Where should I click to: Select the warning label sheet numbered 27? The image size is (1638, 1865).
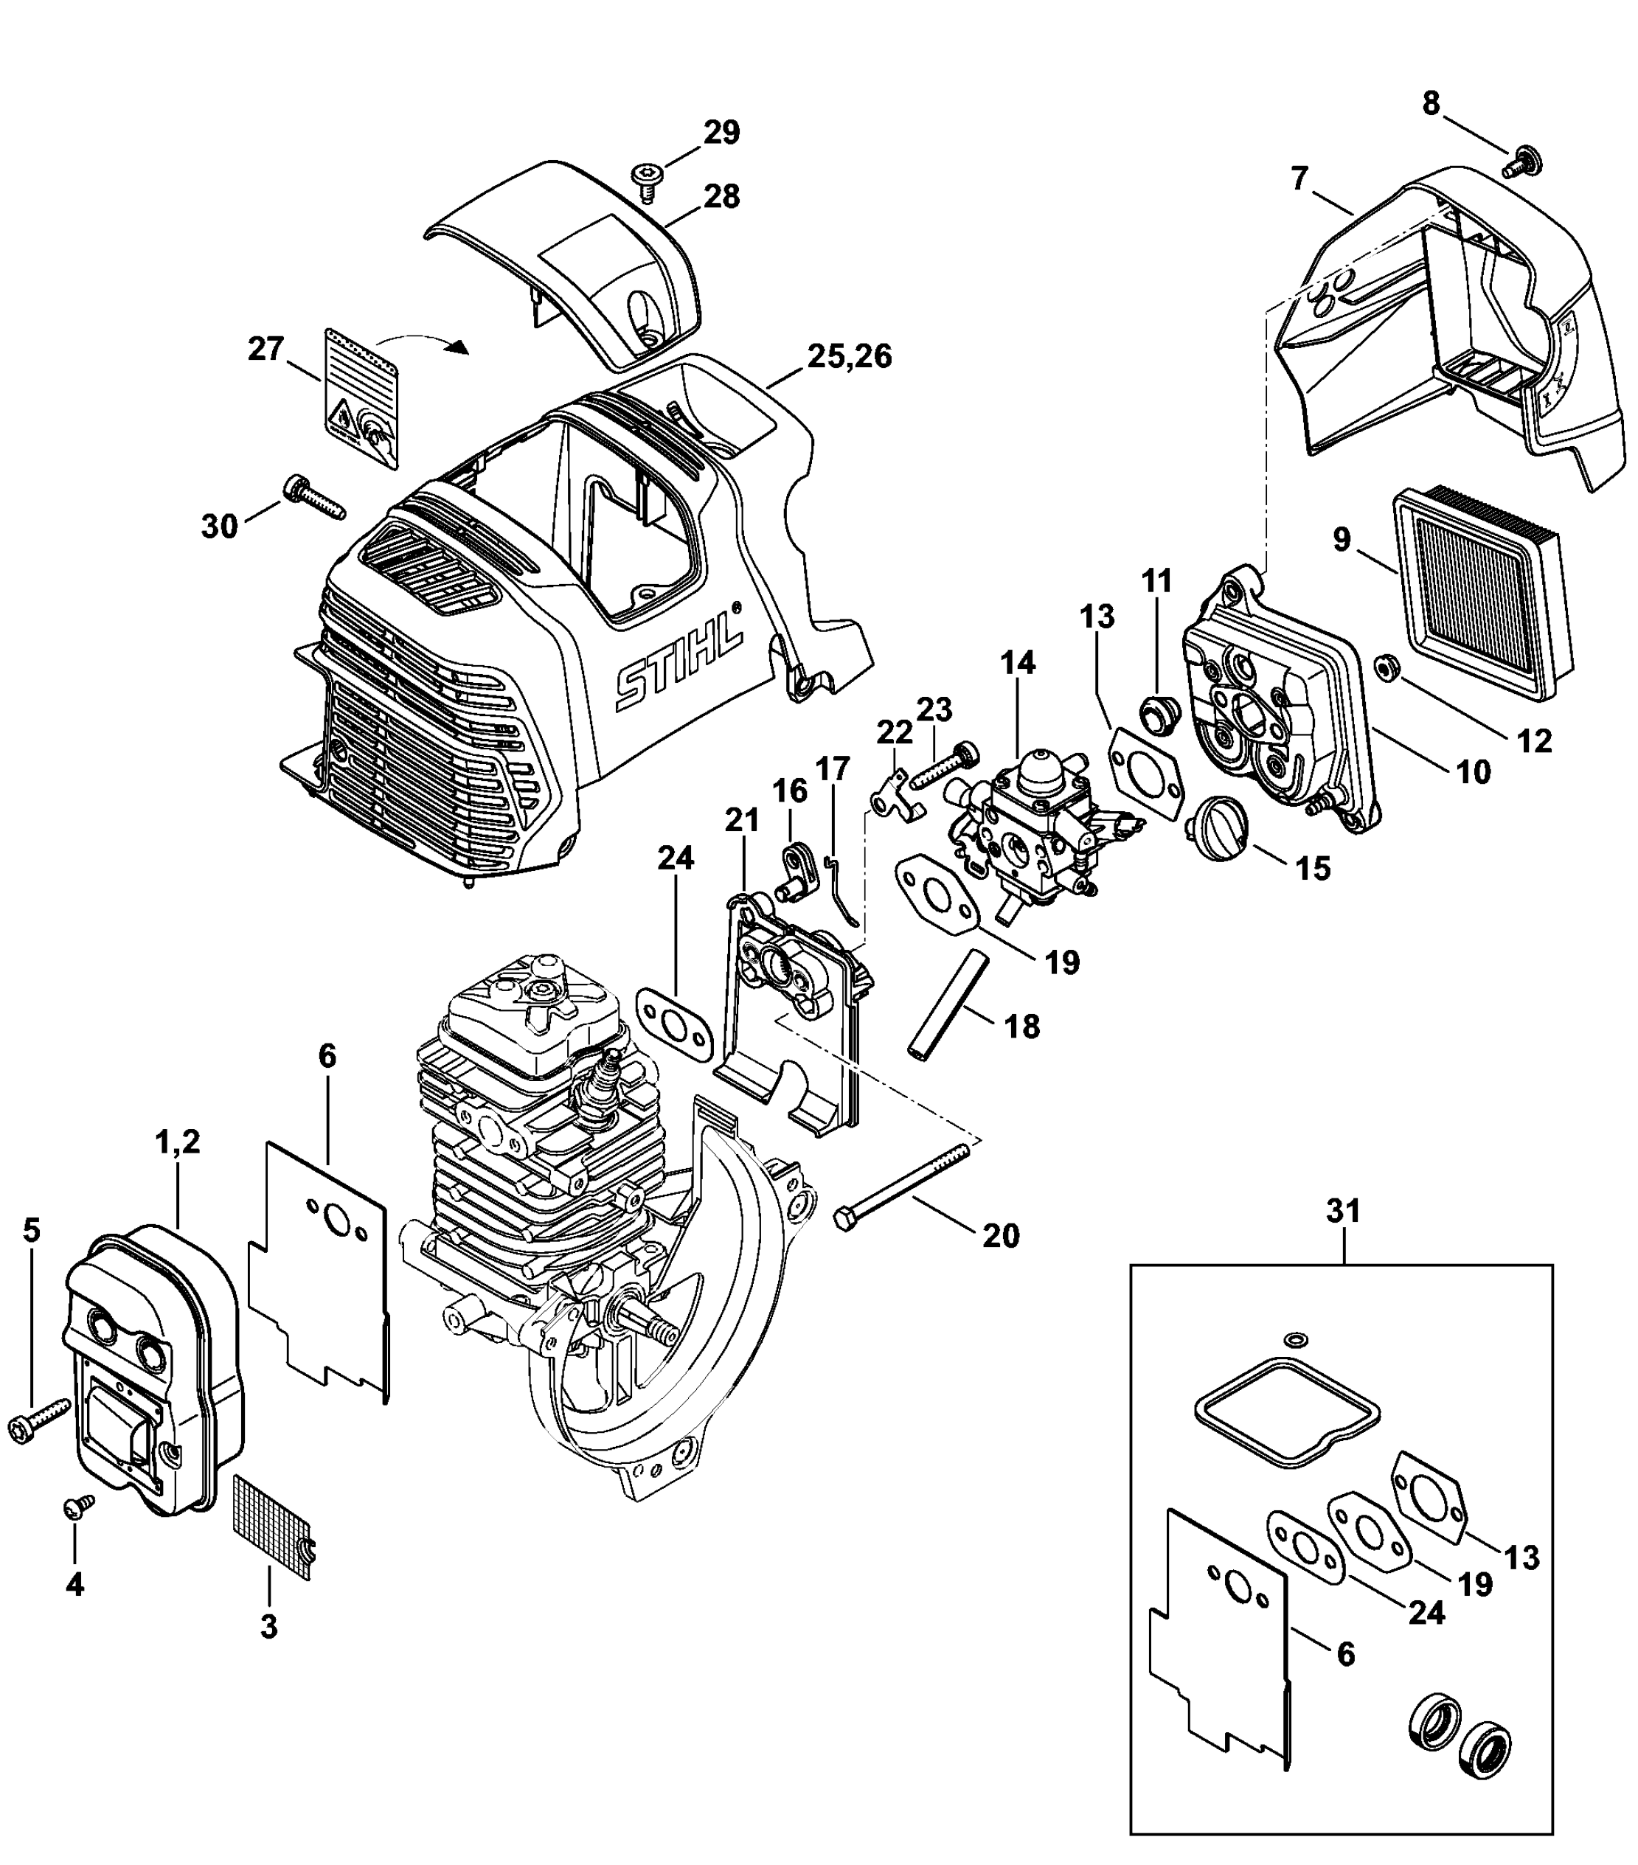(361, 399)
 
